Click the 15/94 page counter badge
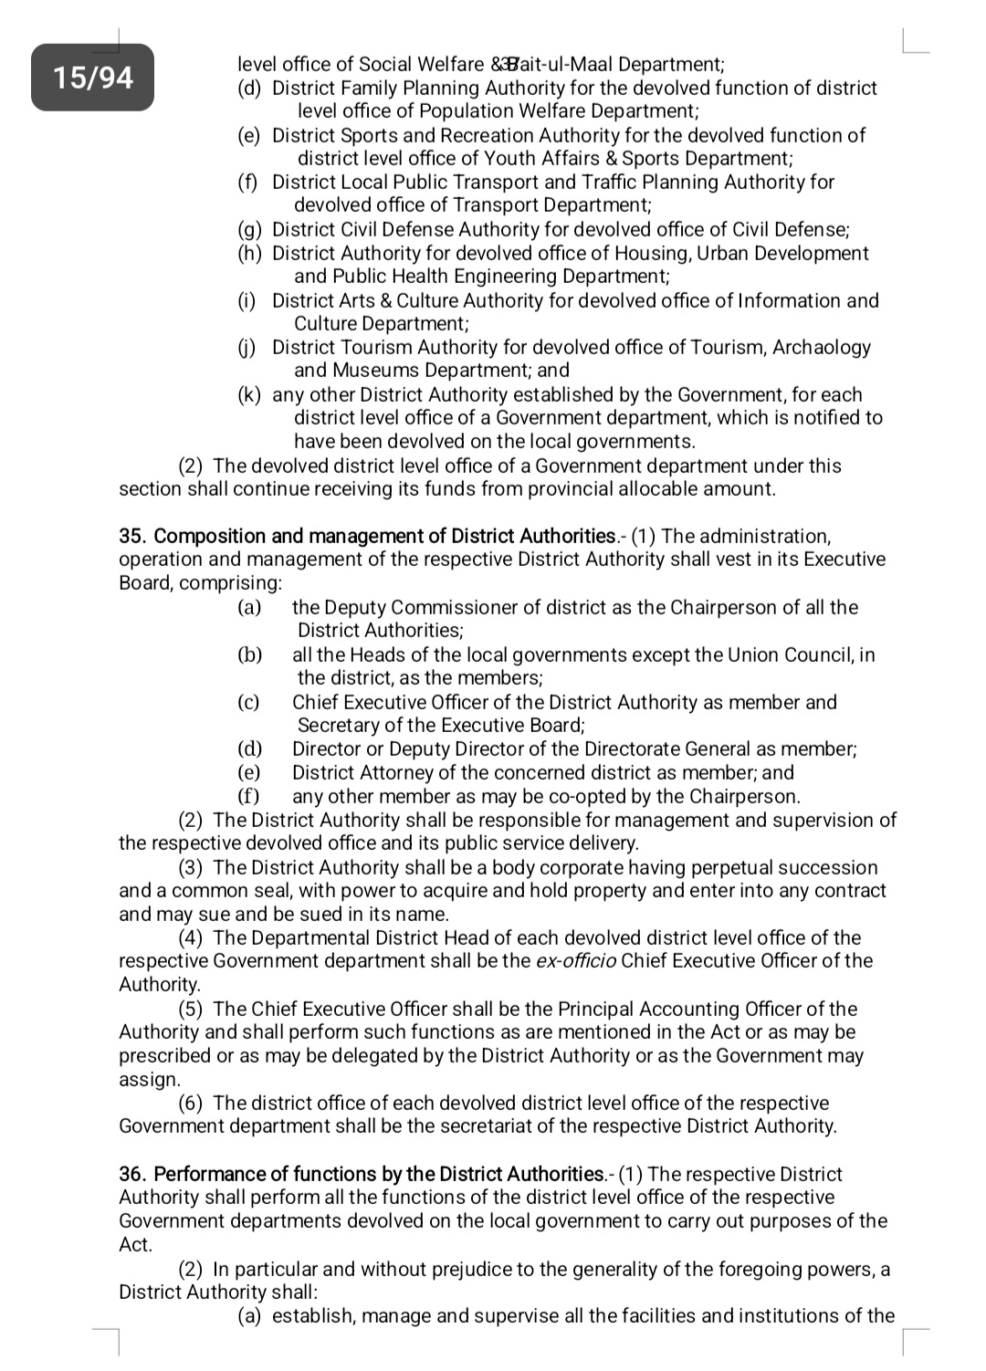93,78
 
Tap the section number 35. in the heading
133,536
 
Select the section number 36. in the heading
133,1174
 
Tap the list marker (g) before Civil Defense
249,229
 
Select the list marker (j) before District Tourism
247,347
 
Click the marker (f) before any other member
248,796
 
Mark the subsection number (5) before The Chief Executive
191,1009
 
